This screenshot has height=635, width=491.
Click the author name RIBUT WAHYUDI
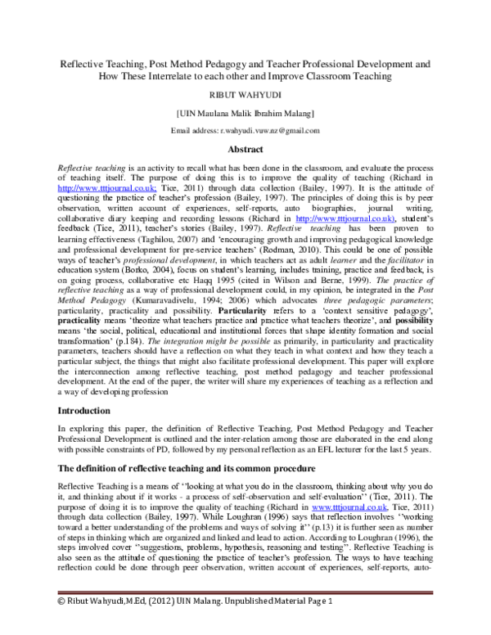[245, 94]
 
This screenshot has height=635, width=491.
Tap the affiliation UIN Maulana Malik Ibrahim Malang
[245, 113]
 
